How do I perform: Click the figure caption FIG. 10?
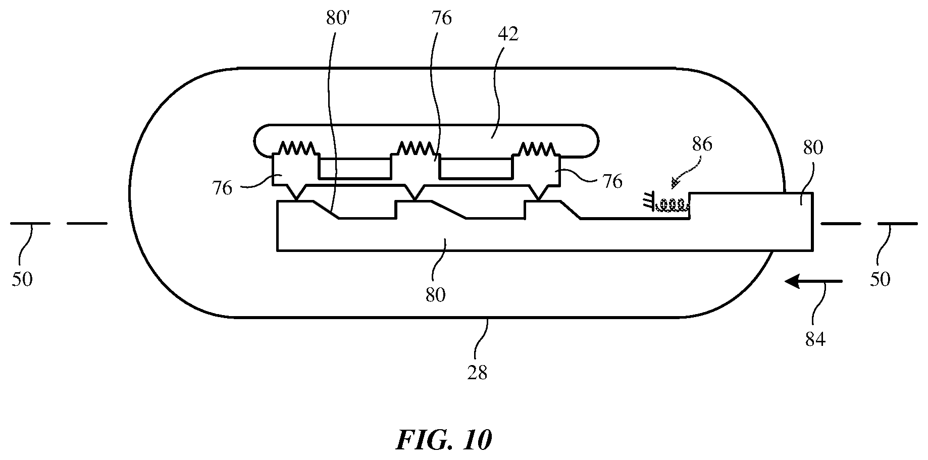pos(444,440)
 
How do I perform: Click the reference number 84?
pos(815,340)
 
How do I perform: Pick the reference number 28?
pos(477,373)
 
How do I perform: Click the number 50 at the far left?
pos(22,279)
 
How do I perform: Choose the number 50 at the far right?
pos(880,279)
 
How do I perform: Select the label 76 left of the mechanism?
pos(223,188)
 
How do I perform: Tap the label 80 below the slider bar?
pos(435,294)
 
